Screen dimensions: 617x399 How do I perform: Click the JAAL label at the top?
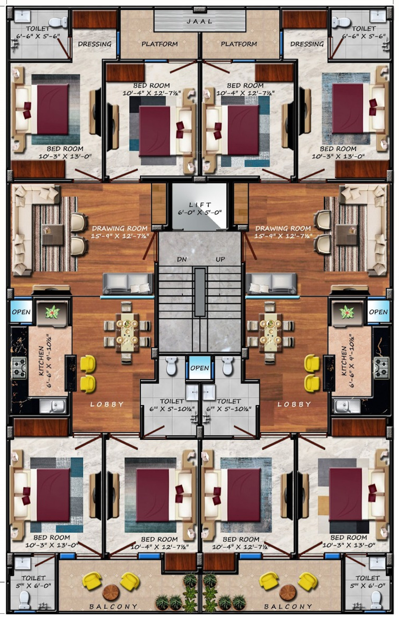pyautogui.click(x=199, y=21)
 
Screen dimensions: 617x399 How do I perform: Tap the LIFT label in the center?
pyautogui.click(x=200, y=205)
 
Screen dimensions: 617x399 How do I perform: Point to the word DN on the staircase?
pyautogui.click(x=182, y=259)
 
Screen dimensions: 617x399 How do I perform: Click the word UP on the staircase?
pyautogui.click(x=220, y=259)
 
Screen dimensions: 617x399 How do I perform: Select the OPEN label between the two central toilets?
pyautogui.click(x=199, y=368)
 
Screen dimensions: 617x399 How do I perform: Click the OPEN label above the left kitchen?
pyautogui.click(x=21, y=312)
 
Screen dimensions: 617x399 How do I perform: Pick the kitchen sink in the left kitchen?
pyautogui.click(x=53, y=406)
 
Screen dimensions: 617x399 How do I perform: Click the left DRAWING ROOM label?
pyautogui.click(x=120, y=228)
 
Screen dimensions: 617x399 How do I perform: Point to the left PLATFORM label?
pyautogui.click(x=160, y=44)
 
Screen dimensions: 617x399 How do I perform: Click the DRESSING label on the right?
pyautogui.click(x=307, y=44)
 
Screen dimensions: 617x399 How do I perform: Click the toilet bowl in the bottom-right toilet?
pyautogui.click(x=375, y=599)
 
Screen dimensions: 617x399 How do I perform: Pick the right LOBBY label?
pyautogui.click(x=294, y=404)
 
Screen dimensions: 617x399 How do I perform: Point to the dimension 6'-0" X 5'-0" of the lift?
pyautogui.click(x=200, y=213)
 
